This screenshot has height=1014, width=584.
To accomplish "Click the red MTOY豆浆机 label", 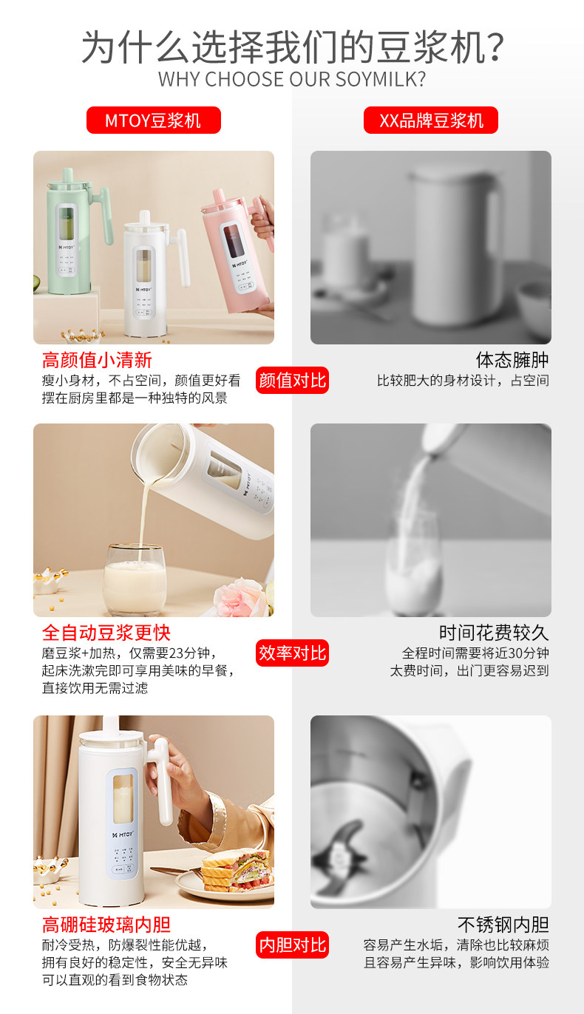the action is click(x=154, y=120).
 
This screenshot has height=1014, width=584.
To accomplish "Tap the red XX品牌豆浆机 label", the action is click(x=430, y=120).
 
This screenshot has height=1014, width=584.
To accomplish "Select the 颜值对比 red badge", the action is click(x=293, y=380).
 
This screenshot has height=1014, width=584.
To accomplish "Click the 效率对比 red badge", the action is click(x=293, y=653).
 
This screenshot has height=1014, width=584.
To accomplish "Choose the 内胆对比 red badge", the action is click(x=293, y=945).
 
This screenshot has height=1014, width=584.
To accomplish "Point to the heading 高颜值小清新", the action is click(x=97, y=361).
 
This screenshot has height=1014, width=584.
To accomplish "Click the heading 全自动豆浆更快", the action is click(x=106, y=633).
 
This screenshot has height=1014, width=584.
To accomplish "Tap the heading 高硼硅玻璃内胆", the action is click(x=106, y=925).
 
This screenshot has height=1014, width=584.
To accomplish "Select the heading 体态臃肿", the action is click(x=512, y=361).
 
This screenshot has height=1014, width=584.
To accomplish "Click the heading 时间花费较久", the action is click(x=494, y=633).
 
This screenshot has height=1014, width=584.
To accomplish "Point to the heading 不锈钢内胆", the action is click(x=503, y=925).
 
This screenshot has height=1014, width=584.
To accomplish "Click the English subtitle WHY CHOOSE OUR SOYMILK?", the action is click(x=292, y=79).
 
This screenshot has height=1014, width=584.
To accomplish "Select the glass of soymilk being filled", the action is click(x=135, y=580).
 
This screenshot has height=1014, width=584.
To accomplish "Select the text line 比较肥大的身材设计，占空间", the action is click(x=463, y=381).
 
